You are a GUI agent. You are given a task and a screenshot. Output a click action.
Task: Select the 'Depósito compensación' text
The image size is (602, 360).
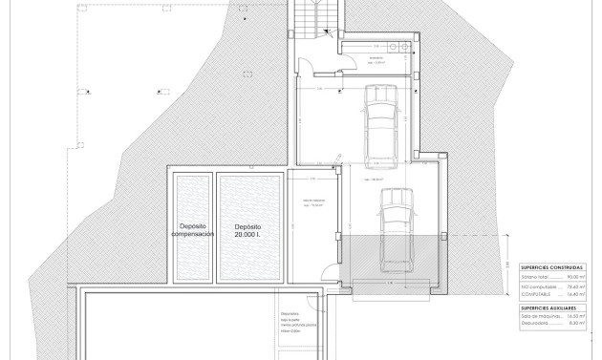188,231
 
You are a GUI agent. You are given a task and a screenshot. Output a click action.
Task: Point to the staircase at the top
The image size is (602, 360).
312,17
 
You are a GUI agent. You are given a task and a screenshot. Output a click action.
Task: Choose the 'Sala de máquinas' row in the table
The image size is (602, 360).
541,317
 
